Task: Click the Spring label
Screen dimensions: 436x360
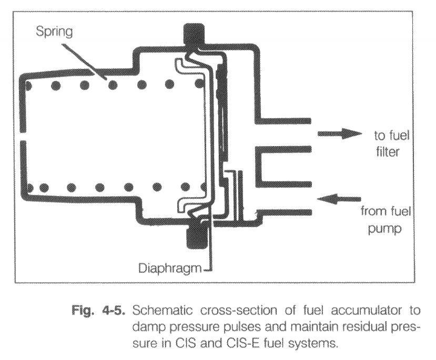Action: (54, 32)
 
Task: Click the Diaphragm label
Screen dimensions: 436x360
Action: (170, 268)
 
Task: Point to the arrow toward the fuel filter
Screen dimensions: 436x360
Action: (340, 134)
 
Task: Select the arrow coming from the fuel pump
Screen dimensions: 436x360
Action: (339, 199)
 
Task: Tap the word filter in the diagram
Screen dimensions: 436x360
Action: (388, 152)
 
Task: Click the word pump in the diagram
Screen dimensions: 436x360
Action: (385, 229)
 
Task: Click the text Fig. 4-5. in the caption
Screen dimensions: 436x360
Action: (97, 310)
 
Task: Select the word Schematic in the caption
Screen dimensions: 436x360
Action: (163, 310)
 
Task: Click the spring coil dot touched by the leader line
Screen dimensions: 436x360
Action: (113, 85)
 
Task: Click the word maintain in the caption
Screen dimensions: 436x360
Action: (317, 327)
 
